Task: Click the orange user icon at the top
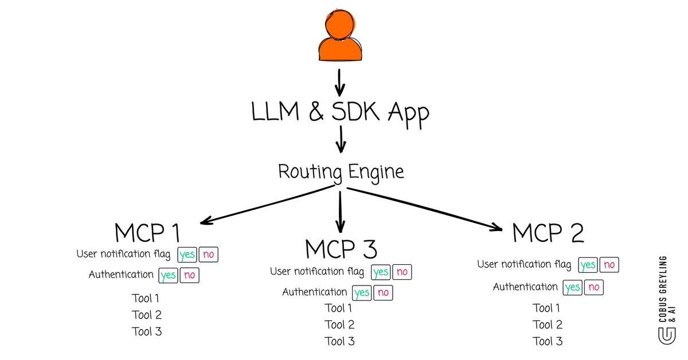341,37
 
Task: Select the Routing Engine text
341,171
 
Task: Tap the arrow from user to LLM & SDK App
339,83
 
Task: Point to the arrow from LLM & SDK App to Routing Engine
341,139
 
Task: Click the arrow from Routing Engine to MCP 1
267,205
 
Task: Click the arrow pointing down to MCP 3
341,212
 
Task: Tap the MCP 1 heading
147,233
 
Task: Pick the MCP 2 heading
548,233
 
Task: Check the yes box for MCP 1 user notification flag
186,255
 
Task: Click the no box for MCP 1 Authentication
189,275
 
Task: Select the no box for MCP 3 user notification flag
402,272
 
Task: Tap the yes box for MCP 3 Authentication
362,293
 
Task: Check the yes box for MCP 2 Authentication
572,287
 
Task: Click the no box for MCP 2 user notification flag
609,265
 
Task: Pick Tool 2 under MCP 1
147,315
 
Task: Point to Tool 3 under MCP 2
548,341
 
